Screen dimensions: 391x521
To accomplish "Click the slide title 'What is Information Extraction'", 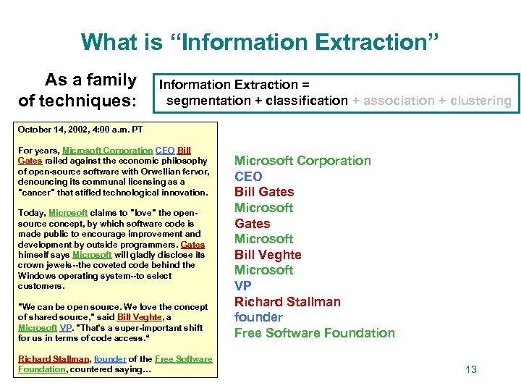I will [260, 41].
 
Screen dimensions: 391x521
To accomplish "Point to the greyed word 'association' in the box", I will [399, 101].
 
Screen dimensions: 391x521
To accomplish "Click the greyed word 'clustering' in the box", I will [480, 101].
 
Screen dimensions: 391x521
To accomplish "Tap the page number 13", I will [471, 369].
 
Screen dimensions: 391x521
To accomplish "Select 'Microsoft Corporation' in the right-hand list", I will [302, 161].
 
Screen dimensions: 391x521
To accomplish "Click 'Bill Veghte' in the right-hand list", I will [268, 255].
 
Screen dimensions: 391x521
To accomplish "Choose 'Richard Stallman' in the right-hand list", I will [287, 302].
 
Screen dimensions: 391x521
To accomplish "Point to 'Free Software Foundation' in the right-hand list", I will [314, 333].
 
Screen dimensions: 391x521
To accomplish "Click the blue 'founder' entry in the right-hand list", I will [258, 317].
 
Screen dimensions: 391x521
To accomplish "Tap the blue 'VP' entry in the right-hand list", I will [243, 286].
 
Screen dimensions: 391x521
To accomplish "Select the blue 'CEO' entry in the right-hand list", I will [248, 176].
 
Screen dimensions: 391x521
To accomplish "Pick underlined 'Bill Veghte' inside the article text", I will [140, 317].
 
